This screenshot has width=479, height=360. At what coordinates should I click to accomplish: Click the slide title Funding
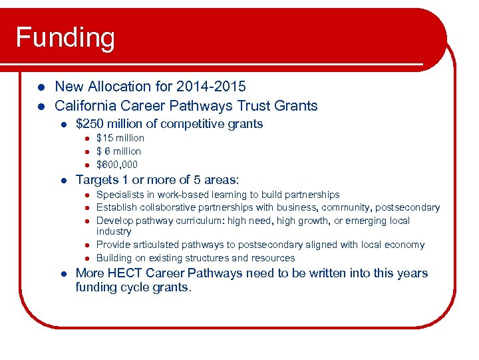pos(65,37)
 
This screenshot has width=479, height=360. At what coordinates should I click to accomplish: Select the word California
pos(85,106)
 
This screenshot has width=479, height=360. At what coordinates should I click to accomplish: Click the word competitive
pos(190,124)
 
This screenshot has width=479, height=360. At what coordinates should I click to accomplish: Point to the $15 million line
pos(120,138)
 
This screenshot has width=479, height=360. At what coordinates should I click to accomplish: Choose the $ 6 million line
pos(119,151)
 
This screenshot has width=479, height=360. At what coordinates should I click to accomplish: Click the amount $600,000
pos(117,165)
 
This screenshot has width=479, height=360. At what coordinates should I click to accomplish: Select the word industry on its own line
pos(114,231)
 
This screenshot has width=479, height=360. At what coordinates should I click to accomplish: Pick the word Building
pos(114,258)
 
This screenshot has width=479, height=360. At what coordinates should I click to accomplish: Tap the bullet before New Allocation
pos(40,87)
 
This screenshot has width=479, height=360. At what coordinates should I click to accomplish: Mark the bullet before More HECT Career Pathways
pos(62,274)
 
